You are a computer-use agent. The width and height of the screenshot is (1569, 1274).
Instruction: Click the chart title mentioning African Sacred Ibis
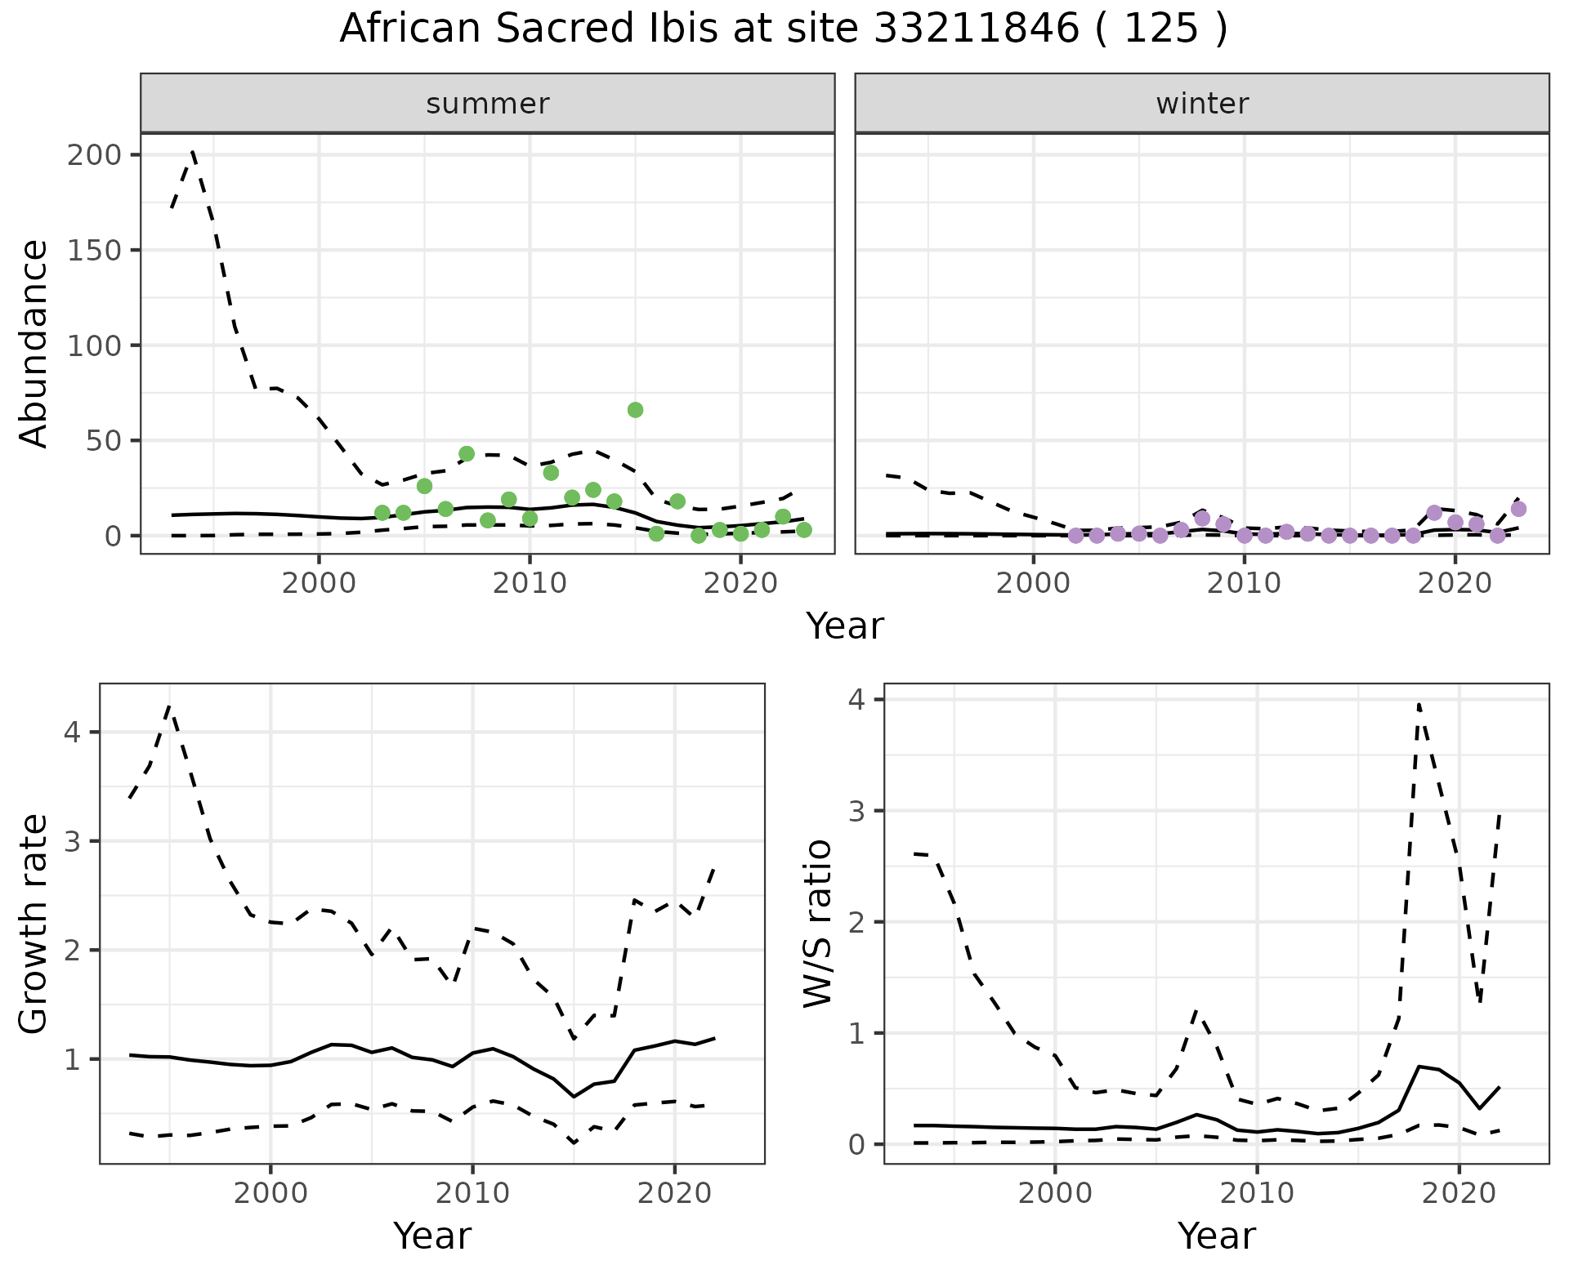click(x=783, y=29)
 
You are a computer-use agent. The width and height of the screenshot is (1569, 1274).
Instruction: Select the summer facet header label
click(x=488, y=104)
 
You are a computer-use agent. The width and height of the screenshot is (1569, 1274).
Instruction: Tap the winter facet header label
click(x=1202, y=104)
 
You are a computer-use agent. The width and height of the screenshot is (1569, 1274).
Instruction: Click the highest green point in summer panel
click(x=635, y=410)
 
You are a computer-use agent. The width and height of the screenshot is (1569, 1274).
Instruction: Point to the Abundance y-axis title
click(x=34, y=343)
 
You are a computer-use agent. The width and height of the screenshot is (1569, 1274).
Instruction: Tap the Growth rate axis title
click(x=34, y=924)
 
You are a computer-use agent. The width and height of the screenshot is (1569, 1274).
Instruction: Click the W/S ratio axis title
click(x=818, y=923)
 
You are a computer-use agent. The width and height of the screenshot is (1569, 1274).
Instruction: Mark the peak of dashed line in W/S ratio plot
click(x=1419, y=703)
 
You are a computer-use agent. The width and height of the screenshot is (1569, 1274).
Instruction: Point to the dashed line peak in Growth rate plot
click(x=169, y=706)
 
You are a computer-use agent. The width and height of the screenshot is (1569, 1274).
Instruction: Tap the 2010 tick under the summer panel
click(x=530, y=584)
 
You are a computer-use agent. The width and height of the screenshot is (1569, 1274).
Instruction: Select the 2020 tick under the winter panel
click(x=1455, y=584)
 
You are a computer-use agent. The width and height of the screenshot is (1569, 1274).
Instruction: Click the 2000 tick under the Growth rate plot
click(x=270, y=1193)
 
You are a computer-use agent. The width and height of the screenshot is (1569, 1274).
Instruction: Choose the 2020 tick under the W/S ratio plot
click(x=1459, y=1193)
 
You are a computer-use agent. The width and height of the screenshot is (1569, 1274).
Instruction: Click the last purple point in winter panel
click(x=1518, y=509)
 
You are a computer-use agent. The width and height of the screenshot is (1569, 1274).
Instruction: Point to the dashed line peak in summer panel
click(x=192, y=151)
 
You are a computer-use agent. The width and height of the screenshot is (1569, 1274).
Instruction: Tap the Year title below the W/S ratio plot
click(x=1216, y=1236)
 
